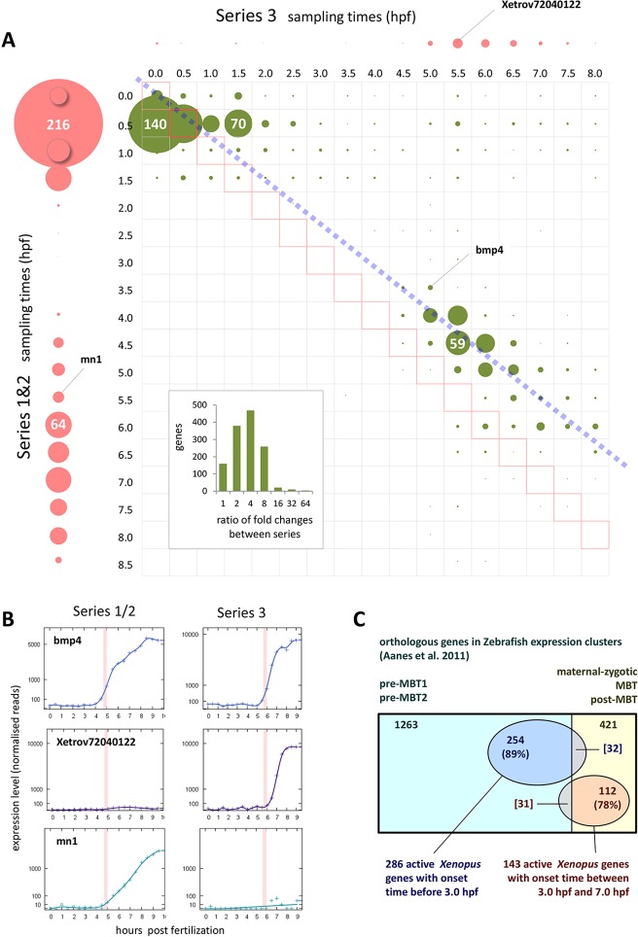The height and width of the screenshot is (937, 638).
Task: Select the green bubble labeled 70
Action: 238,123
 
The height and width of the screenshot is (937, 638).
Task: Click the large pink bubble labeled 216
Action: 57,124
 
